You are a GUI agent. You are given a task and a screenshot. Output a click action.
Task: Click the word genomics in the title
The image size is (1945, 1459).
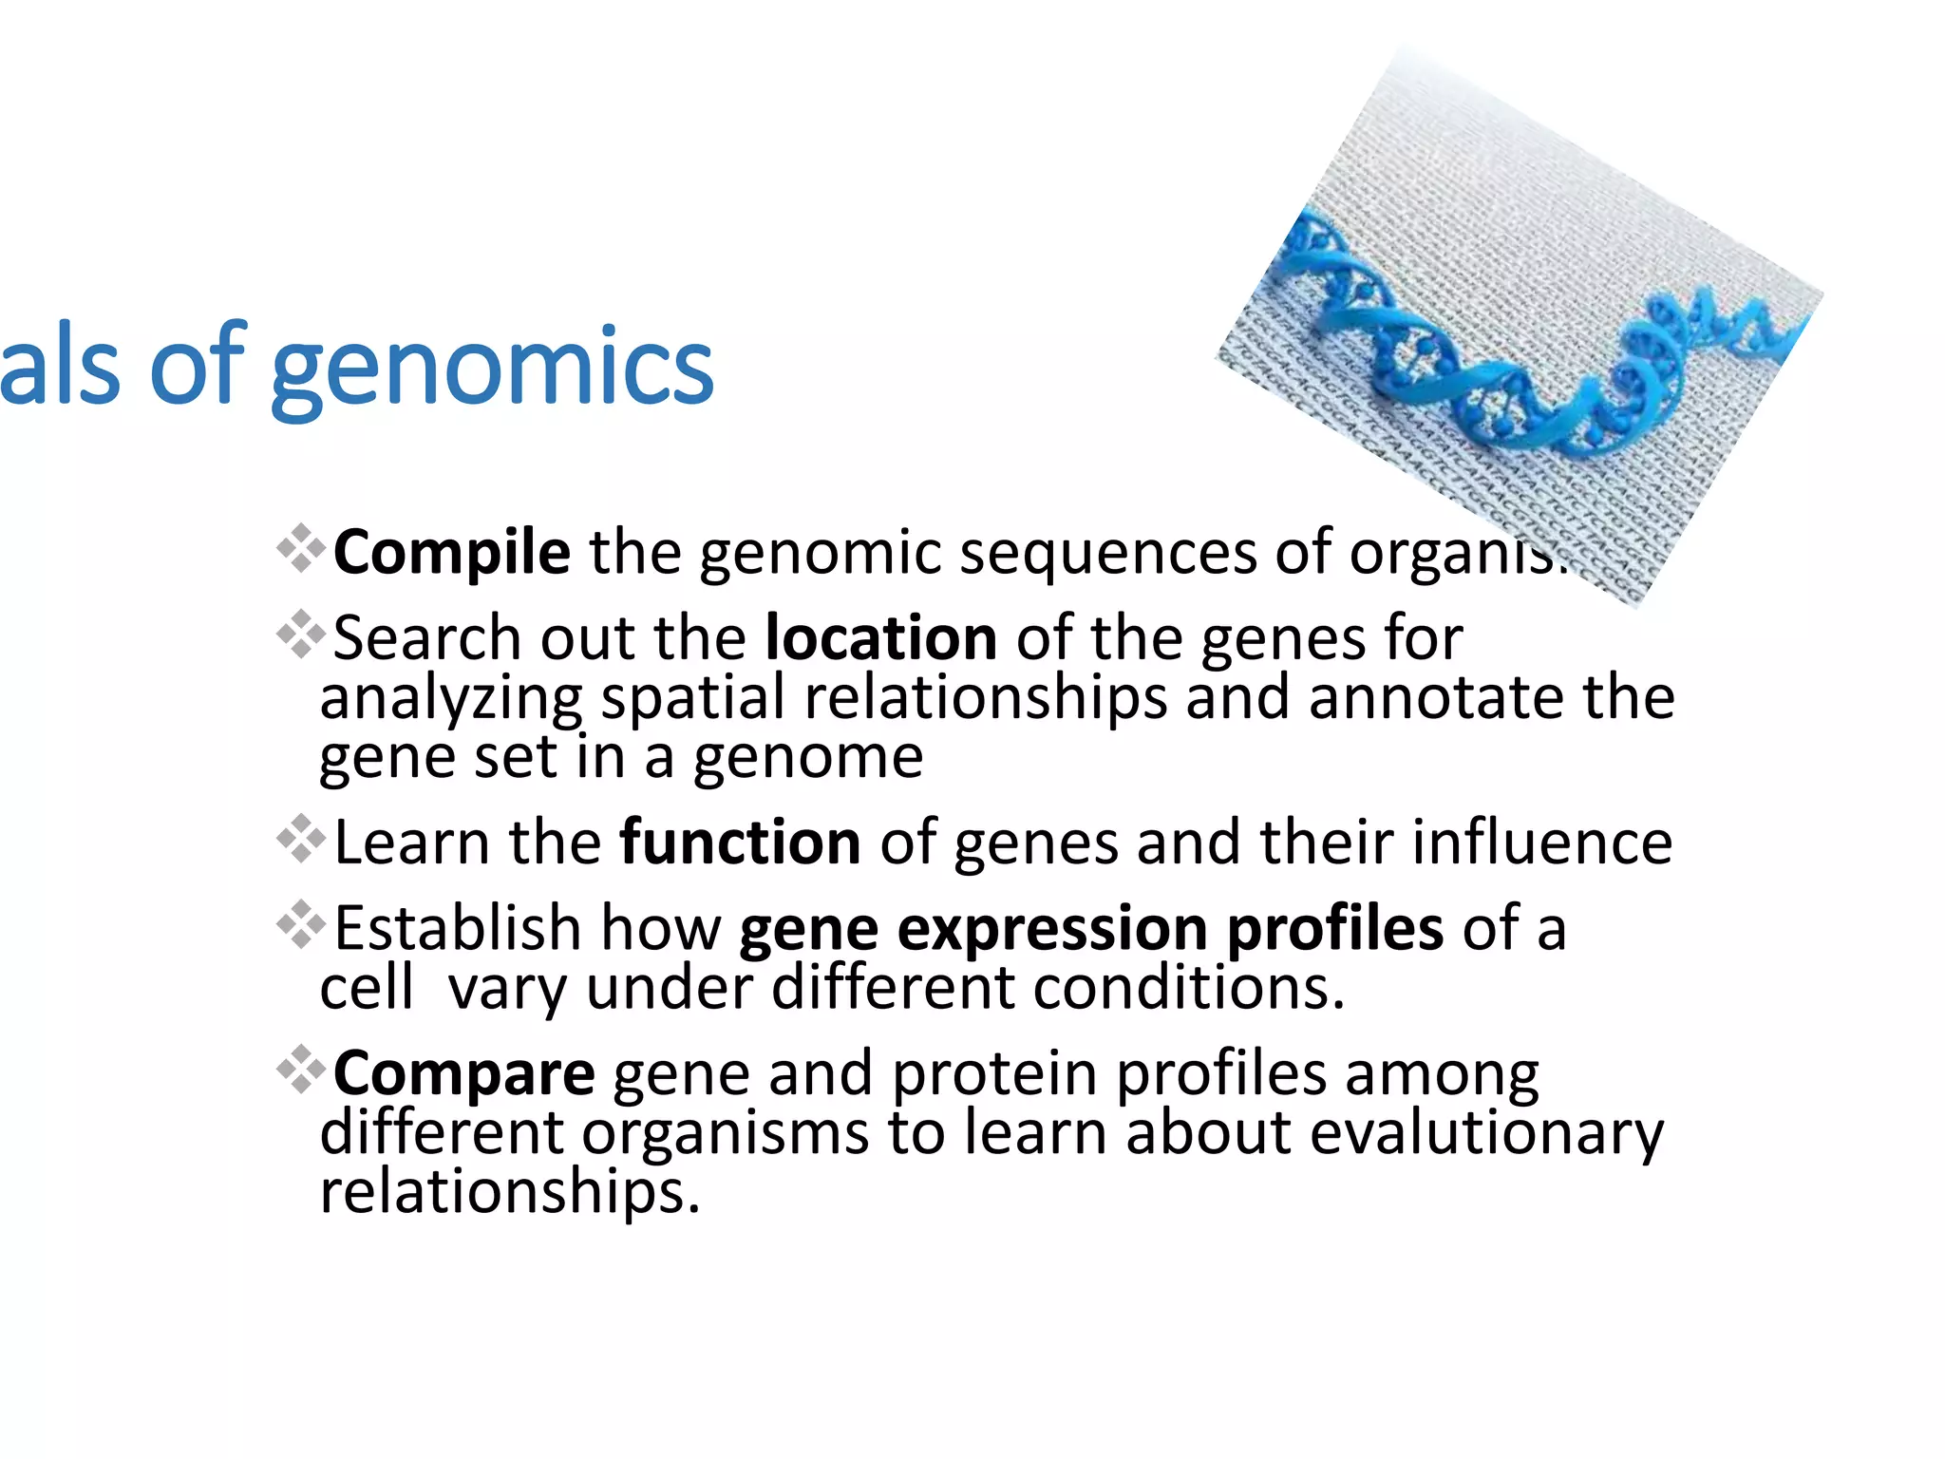click(492, 369)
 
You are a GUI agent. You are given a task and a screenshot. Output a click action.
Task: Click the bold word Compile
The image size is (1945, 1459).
click(452, 552)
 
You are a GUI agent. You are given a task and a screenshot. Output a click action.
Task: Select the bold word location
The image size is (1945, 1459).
click(881, 637)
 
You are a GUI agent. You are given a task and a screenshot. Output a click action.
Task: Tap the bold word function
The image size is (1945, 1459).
click(740, 842)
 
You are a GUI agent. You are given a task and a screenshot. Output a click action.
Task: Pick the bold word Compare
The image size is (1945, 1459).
click(464, 1073)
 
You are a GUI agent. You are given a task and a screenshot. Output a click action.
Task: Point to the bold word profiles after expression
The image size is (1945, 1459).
click(1334, 928)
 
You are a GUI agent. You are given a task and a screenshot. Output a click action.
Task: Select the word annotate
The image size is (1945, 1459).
click(1436, 697)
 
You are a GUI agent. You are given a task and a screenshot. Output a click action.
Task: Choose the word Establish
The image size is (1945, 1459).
click(458, 928)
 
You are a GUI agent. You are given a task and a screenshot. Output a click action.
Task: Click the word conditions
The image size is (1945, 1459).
click(1189, 988)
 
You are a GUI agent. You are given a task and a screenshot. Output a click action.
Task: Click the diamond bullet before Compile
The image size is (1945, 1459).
click(300, 548)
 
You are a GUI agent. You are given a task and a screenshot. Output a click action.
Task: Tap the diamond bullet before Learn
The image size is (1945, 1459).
click(300, 838)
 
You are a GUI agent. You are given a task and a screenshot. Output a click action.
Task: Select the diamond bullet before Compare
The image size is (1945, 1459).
click(300, 1070)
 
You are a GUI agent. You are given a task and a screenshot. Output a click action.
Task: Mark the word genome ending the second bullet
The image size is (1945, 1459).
click(807, 757)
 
